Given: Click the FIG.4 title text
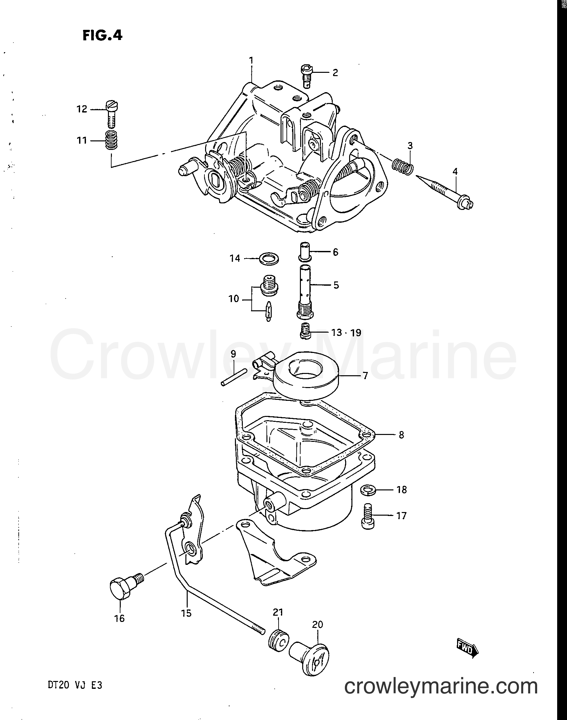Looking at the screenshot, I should point(102,35).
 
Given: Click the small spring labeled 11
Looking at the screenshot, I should point(112,141).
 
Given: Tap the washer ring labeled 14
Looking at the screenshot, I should point(268,259).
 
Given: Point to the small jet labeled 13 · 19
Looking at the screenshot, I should point(305,332).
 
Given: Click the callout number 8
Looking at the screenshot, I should point(401,435).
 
